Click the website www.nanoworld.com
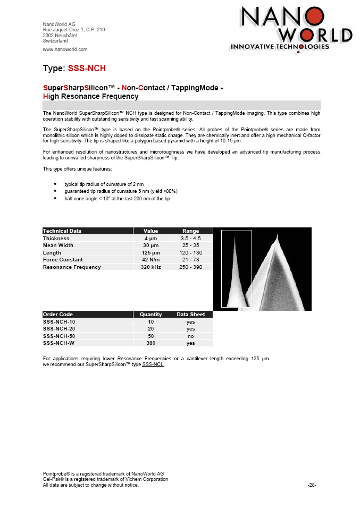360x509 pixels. pyautogui.click(x=65, y=49)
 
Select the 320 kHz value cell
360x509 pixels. pyautogui.click(x=151, y=267)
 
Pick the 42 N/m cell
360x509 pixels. pyautogui.click(x=151, y=260)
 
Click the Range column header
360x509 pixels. pyautogui.click(x=190, y=231)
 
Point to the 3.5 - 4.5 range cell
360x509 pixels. pyautogui.click(x=190, y=239)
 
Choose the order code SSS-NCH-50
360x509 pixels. pyautogui.click(x=59, y=336)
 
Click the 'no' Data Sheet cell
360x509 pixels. pyautogui.click(x=190, y=336)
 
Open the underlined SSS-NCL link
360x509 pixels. pyautogui.click(x=153, y=364)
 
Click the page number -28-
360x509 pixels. pyautogui.click(x=312, y=485)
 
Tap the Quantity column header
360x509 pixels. pyautogui.click(x=151, y=315)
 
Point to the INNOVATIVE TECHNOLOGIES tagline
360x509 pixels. pyautogui.click(x=279, y=46)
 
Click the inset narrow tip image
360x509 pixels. pyautogui.click(x=236, y=268)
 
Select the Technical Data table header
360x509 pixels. pyautogui.click(x=62, y=231)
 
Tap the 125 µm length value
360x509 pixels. pyautogui.click(x=151, y=253)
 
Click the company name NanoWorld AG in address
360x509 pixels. pyautogui.click(x=59, y=24)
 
